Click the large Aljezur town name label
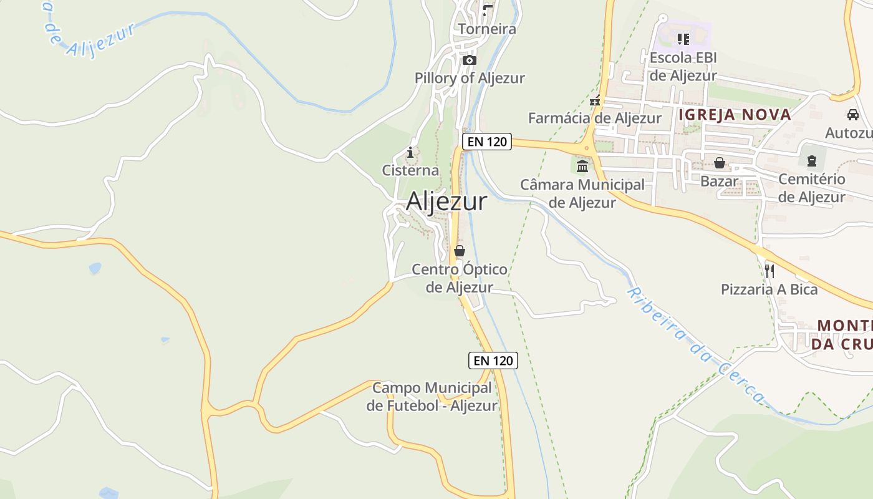pyautogui.click(x=446, y=201)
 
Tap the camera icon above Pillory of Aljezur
pyautogui.click(x=470, y=61)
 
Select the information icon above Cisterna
pyautogui.click(x=410, y=152)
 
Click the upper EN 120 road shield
pyautogui.click(x=487, y=142)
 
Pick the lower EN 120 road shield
pyautogui.click(x=493, y=361)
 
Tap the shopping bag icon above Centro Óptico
pyautogui.click(x=460, y=251)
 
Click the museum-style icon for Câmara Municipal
pyautogui.click(x=582, y=166)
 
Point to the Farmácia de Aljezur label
pyautogui.click(x=594, y=118)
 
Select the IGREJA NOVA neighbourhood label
pyautogui.click(x=735, y=115)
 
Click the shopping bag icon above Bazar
pyautogui.click(x=720, y=163)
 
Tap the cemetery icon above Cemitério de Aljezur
pyautogui.click(x=811, y=162)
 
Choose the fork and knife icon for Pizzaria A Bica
pyautogui.click(x=769, y=271)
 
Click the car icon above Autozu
pyautogui.click(x=852, y=115)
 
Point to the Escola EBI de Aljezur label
pyautogui.click(x=683, y=67)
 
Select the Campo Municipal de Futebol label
pyautogui.click(x=432, y=397)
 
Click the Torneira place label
pyautogui.click(x=487, y=29)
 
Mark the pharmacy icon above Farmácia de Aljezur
pyautogui.click(x=595, y=100)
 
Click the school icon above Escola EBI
pyautogui.click(x=683, y=39)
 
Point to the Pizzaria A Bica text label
pyautogui.click(x=769, y=289)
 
